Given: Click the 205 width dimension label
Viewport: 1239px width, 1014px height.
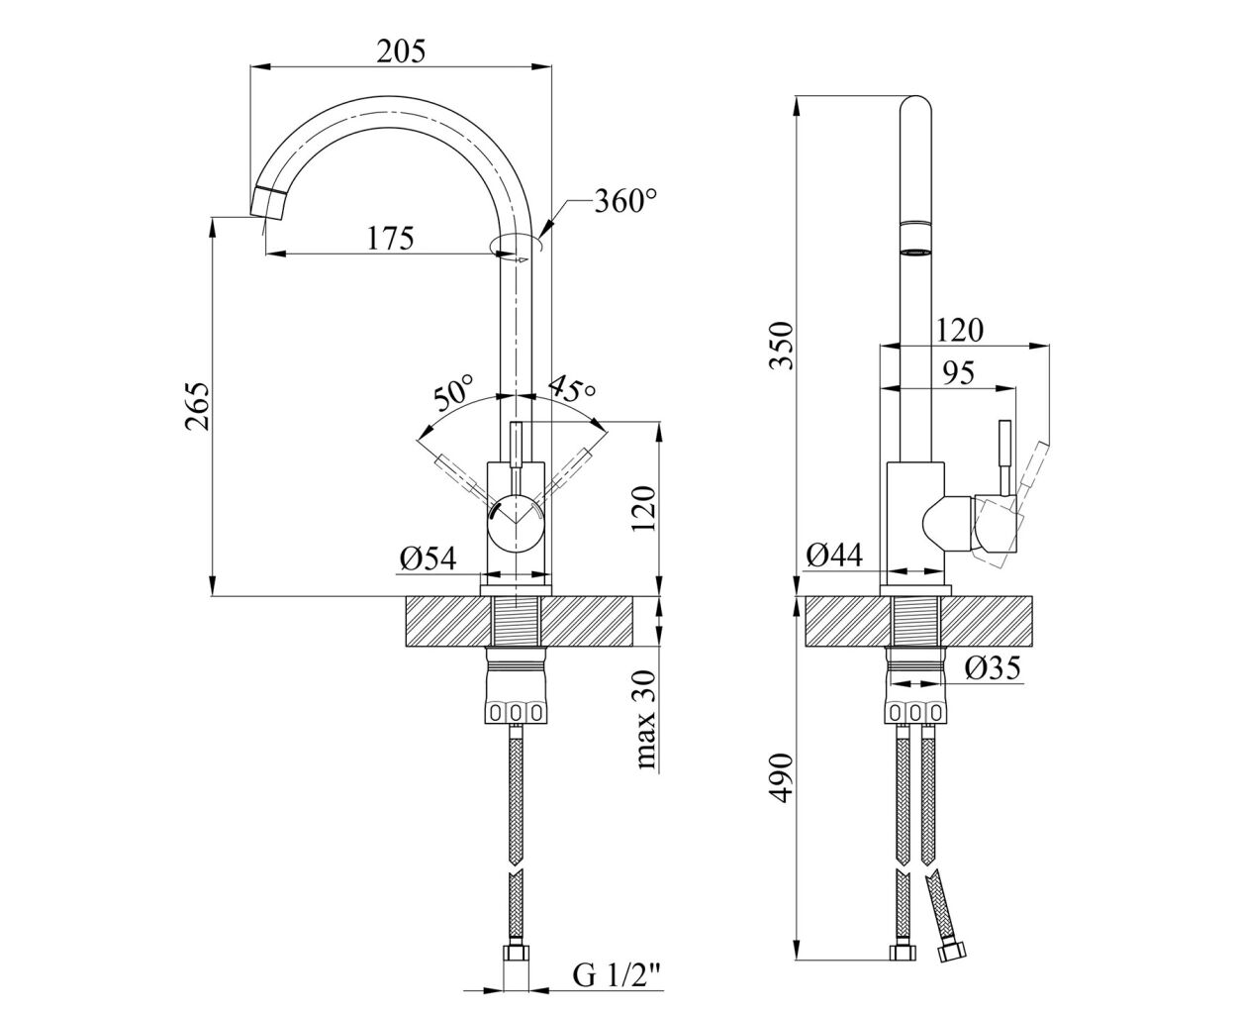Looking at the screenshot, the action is coord(401,51).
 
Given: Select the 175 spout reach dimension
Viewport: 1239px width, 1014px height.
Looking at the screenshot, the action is coord(391,238).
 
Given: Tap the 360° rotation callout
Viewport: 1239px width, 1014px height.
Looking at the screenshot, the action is coord(625,201).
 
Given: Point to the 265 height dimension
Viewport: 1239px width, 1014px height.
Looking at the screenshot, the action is coord(197,407).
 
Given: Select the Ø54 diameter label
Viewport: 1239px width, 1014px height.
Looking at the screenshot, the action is coord(429,558).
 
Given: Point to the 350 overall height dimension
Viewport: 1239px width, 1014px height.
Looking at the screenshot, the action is coord(783,346).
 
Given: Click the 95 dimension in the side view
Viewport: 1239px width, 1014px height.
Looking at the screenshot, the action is coord(958,372).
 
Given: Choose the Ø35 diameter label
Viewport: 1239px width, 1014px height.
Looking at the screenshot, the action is coord(993,667).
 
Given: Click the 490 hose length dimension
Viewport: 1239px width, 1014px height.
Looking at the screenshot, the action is coord(783,777).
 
